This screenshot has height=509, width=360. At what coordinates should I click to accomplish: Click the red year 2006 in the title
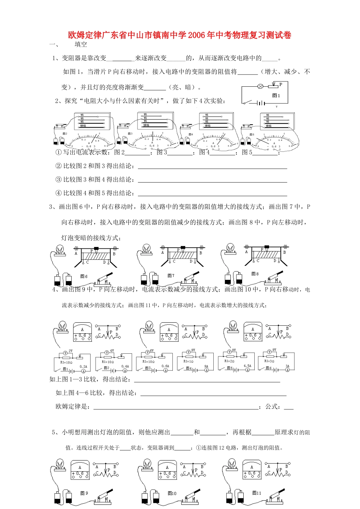(x=196, y=35)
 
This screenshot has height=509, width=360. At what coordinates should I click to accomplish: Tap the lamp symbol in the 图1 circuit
(x=261, y=86)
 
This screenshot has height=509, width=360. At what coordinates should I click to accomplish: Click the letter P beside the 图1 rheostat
(x=281, y=84)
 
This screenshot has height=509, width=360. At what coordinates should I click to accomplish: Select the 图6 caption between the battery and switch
(x=84, y=276)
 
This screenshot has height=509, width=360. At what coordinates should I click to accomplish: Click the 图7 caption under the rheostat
(x=171, y=275)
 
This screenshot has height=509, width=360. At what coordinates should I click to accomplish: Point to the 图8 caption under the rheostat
(x=255, y=274)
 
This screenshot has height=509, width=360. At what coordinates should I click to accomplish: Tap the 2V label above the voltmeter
(x=70, y=351)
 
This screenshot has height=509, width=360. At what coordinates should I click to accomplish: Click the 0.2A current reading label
(x=83, y=366)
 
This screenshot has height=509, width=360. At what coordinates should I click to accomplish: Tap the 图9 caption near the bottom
(x=84, y=493)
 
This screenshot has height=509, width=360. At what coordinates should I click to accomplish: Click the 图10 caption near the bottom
(x=172, y=493)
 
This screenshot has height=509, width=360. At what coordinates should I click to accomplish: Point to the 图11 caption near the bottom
(x=257, y=493)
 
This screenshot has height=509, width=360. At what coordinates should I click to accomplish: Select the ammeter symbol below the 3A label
(x=287, y=370)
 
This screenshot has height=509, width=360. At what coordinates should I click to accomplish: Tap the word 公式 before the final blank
(x=272, y=406)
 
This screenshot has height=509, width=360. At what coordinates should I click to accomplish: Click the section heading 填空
(x=81, y=44)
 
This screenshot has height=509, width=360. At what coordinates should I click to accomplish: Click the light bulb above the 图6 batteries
(x=60, y=250)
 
